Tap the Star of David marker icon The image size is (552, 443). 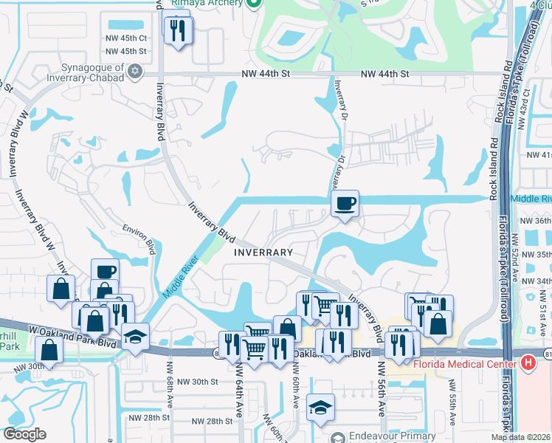coord(134,72)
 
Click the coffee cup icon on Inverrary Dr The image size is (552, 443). coord(345,203)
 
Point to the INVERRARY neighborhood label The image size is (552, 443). coord(263,253)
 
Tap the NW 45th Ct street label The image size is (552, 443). coord(126,38)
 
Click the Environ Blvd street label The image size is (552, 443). coord(139,240)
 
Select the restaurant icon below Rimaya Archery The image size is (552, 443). coord(178,31)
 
